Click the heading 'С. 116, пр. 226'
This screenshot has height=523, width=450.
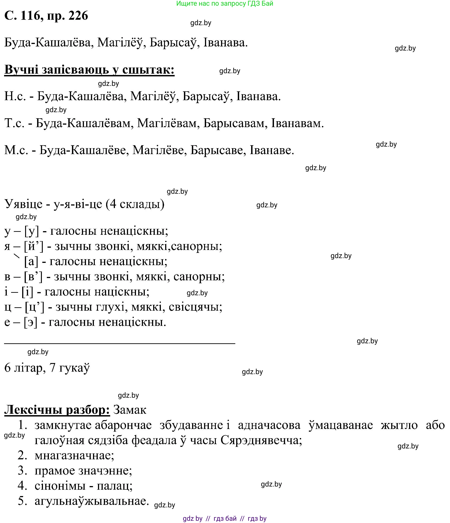[x=46, y=16]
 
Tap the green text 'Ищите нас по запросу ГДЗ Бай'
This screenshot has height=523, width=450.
[x=224, y=4]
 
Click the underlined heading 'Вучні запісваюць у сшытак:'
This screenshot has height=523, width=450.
[x=89, y=69]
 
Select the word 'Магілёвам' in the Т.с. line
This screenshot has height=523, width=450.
[x=167, y=123]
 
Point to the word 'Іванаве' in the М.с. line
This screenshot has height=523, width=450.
[x=271, y=150]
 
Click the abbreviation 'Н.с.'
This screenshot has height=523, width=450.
[x=15, y=97]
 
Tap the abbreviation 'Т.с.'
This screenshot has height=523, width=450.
[x=14, y=123]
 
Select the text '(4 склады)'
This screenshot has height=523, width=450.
[x=135, y=204]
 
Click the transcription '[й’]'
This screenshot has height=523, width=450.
[x=33, y=246]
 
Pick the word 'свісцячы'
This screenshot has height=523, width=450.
[x=195, y=307]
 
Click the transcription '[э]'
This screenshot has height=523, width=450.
[x=31, y=322]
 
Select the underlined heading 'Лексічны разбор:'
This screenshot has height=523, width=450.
[x=57, y=410]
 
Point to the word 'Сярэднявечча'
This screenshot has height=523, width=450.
[x=261, y=440]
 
